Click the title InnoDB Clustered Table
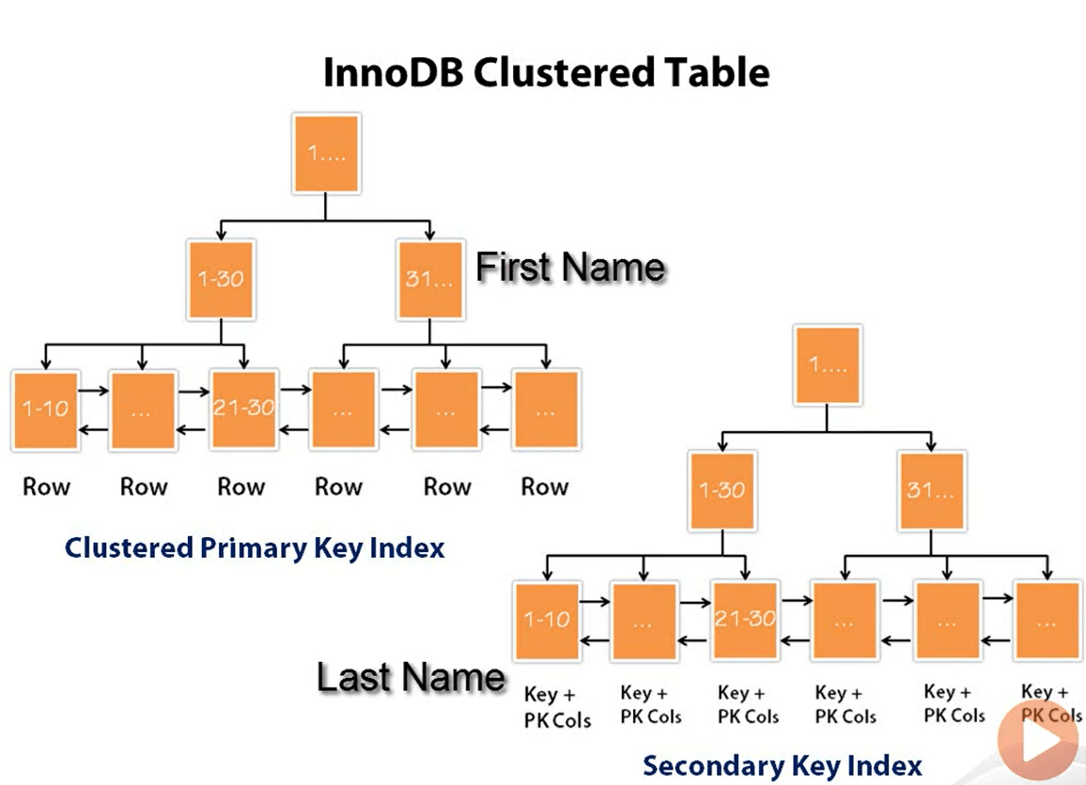[x=545, y=72]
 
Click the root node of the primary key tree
[x=326, y=154]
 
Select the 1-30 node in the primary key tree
[x=221, y=278]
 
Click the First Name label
[x=570, y=268]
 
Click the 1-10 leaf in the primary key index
[x=46, y=410]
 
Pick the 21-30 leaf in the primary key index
[x=243, y=410]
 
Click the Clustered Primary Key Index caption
[x=255, y=547]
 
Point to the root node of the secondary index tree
[x=827, y=365]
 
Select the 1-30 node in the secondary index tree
[x=722, y=490]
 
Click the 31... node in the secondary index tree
[x=932, y=490]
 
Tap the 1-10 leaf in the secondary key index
[x=547, y=621]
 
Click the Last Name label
[x=411, y=677]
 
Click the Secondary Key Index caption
[x=782, y=765]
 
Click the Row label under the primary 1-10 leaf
[x=46, y=486]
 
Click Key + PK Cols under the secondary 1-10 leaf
[x=556, y=707]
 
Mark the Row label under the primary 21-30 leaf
[x=241, y=486]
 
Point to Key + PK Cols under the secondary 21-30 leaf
[x=748, y=704]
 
